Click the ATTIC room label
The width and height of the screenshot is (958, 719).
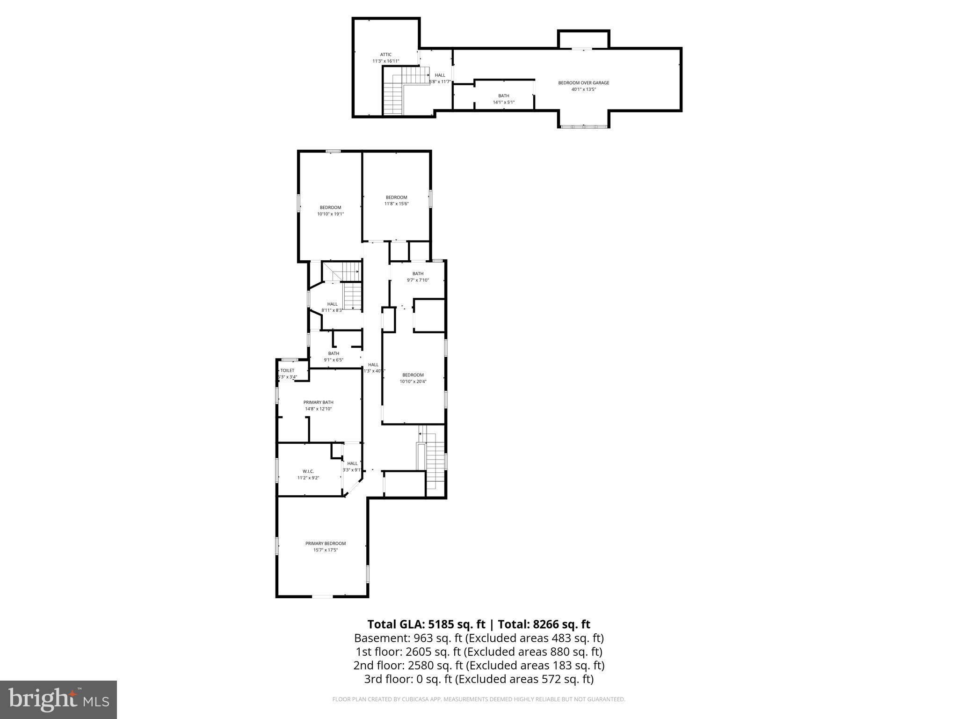(385, 55)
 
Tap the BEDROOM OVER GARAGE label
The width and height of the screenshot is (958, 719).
(583, 83)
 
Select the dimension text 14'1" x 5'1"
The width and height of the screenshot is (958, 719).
(503, 102)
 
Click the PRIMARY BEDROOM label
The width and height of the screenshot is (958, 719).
(326, 543)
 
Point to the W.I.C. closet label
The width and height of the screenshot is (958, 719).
(308, 471)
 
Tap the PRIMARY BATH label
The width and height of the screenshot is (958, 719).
(318, 402)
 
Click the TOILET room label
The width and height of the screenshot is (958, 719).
(287, 370)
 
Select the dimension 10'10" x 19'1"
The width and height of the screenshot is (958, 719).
(330, 214)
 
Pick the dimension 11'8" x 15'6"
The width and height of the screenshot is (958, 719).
(396, 204)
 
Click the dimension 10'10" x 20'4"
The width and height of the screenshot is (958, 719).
(413, 382)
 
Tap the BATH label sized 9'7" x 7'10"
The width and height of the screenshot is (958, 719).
(418, 274)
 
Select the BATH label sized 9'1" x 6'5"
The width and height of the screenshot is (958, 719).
(334, 353)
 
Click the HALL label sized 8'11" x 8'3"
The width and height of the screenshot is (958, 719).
(332, 304)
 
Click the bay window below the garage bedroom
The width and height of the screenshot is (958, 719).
(583, 126)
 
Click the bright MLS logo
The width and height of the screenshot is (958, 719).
(58, 699)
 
